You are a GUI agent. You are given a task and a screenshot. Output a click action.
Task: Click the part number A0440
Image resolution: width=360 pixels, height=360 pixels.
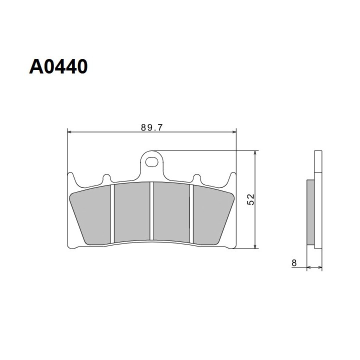[58, 66]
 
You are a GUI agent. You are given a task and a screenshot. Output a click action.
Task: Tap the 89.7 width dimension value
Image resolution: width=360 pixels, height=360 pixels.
[152, 127]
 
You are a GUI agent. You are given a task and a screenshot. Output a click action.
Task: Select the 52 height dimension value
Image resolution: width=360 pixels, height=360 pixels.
[250, 199]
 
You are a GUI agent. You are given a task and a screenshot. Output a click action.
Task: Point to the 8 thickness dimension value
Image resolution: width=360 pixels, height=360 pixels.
[294, 262]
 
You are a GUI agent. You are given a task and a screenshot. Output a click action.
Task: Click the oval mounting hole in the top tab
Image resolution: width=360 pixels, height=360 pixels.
[152, 162]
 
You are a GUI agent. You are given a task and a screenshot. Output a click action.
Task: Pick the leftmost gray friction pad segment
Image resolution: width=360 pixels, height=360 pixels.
[90, 215]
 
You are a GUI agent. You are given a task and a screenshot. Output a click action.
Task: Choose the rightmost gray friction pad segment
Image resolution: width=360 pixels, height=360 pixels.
[213, 215]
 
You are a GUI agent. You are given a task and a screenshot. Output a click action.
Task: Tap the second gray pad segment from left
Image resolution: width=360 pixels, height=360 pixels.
[132, 211]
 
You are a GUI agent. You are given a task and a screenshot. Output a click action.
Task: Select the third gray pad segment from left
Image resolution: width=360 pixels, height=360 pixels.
[171, 211]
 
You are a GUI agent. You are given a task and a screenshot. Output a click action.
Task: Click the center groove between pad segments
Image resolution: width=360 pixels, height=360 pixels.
[152, 211]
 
